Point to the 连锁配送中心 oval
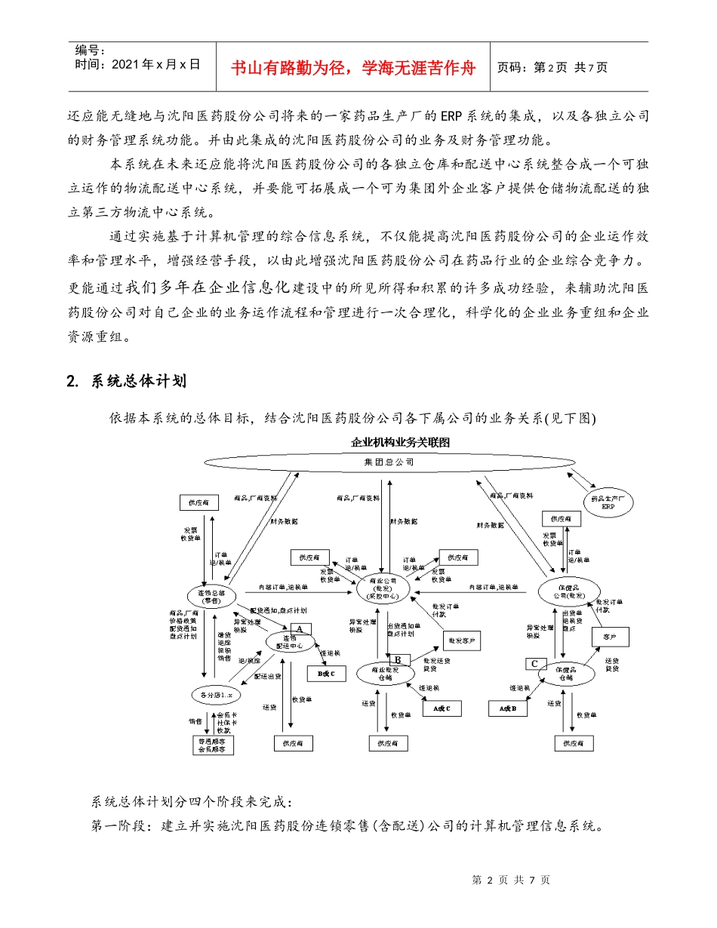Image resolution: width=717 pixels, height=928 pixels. (285, 642)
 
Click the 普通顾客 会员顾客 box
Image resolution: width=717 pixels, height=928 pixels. (212, 745)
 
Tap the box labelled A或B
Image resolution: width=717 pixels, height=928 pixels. (509, 708)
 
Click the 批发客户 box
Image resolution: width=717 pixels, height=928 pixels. (462, 641)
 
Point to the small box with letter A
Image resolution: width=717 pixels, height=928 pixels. (299, 628)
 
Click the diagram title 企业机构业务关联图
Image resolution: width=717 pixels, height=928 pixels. (400, 442)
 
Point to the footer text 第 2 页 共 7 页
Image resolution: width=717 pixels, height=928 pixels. (510, 880)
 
